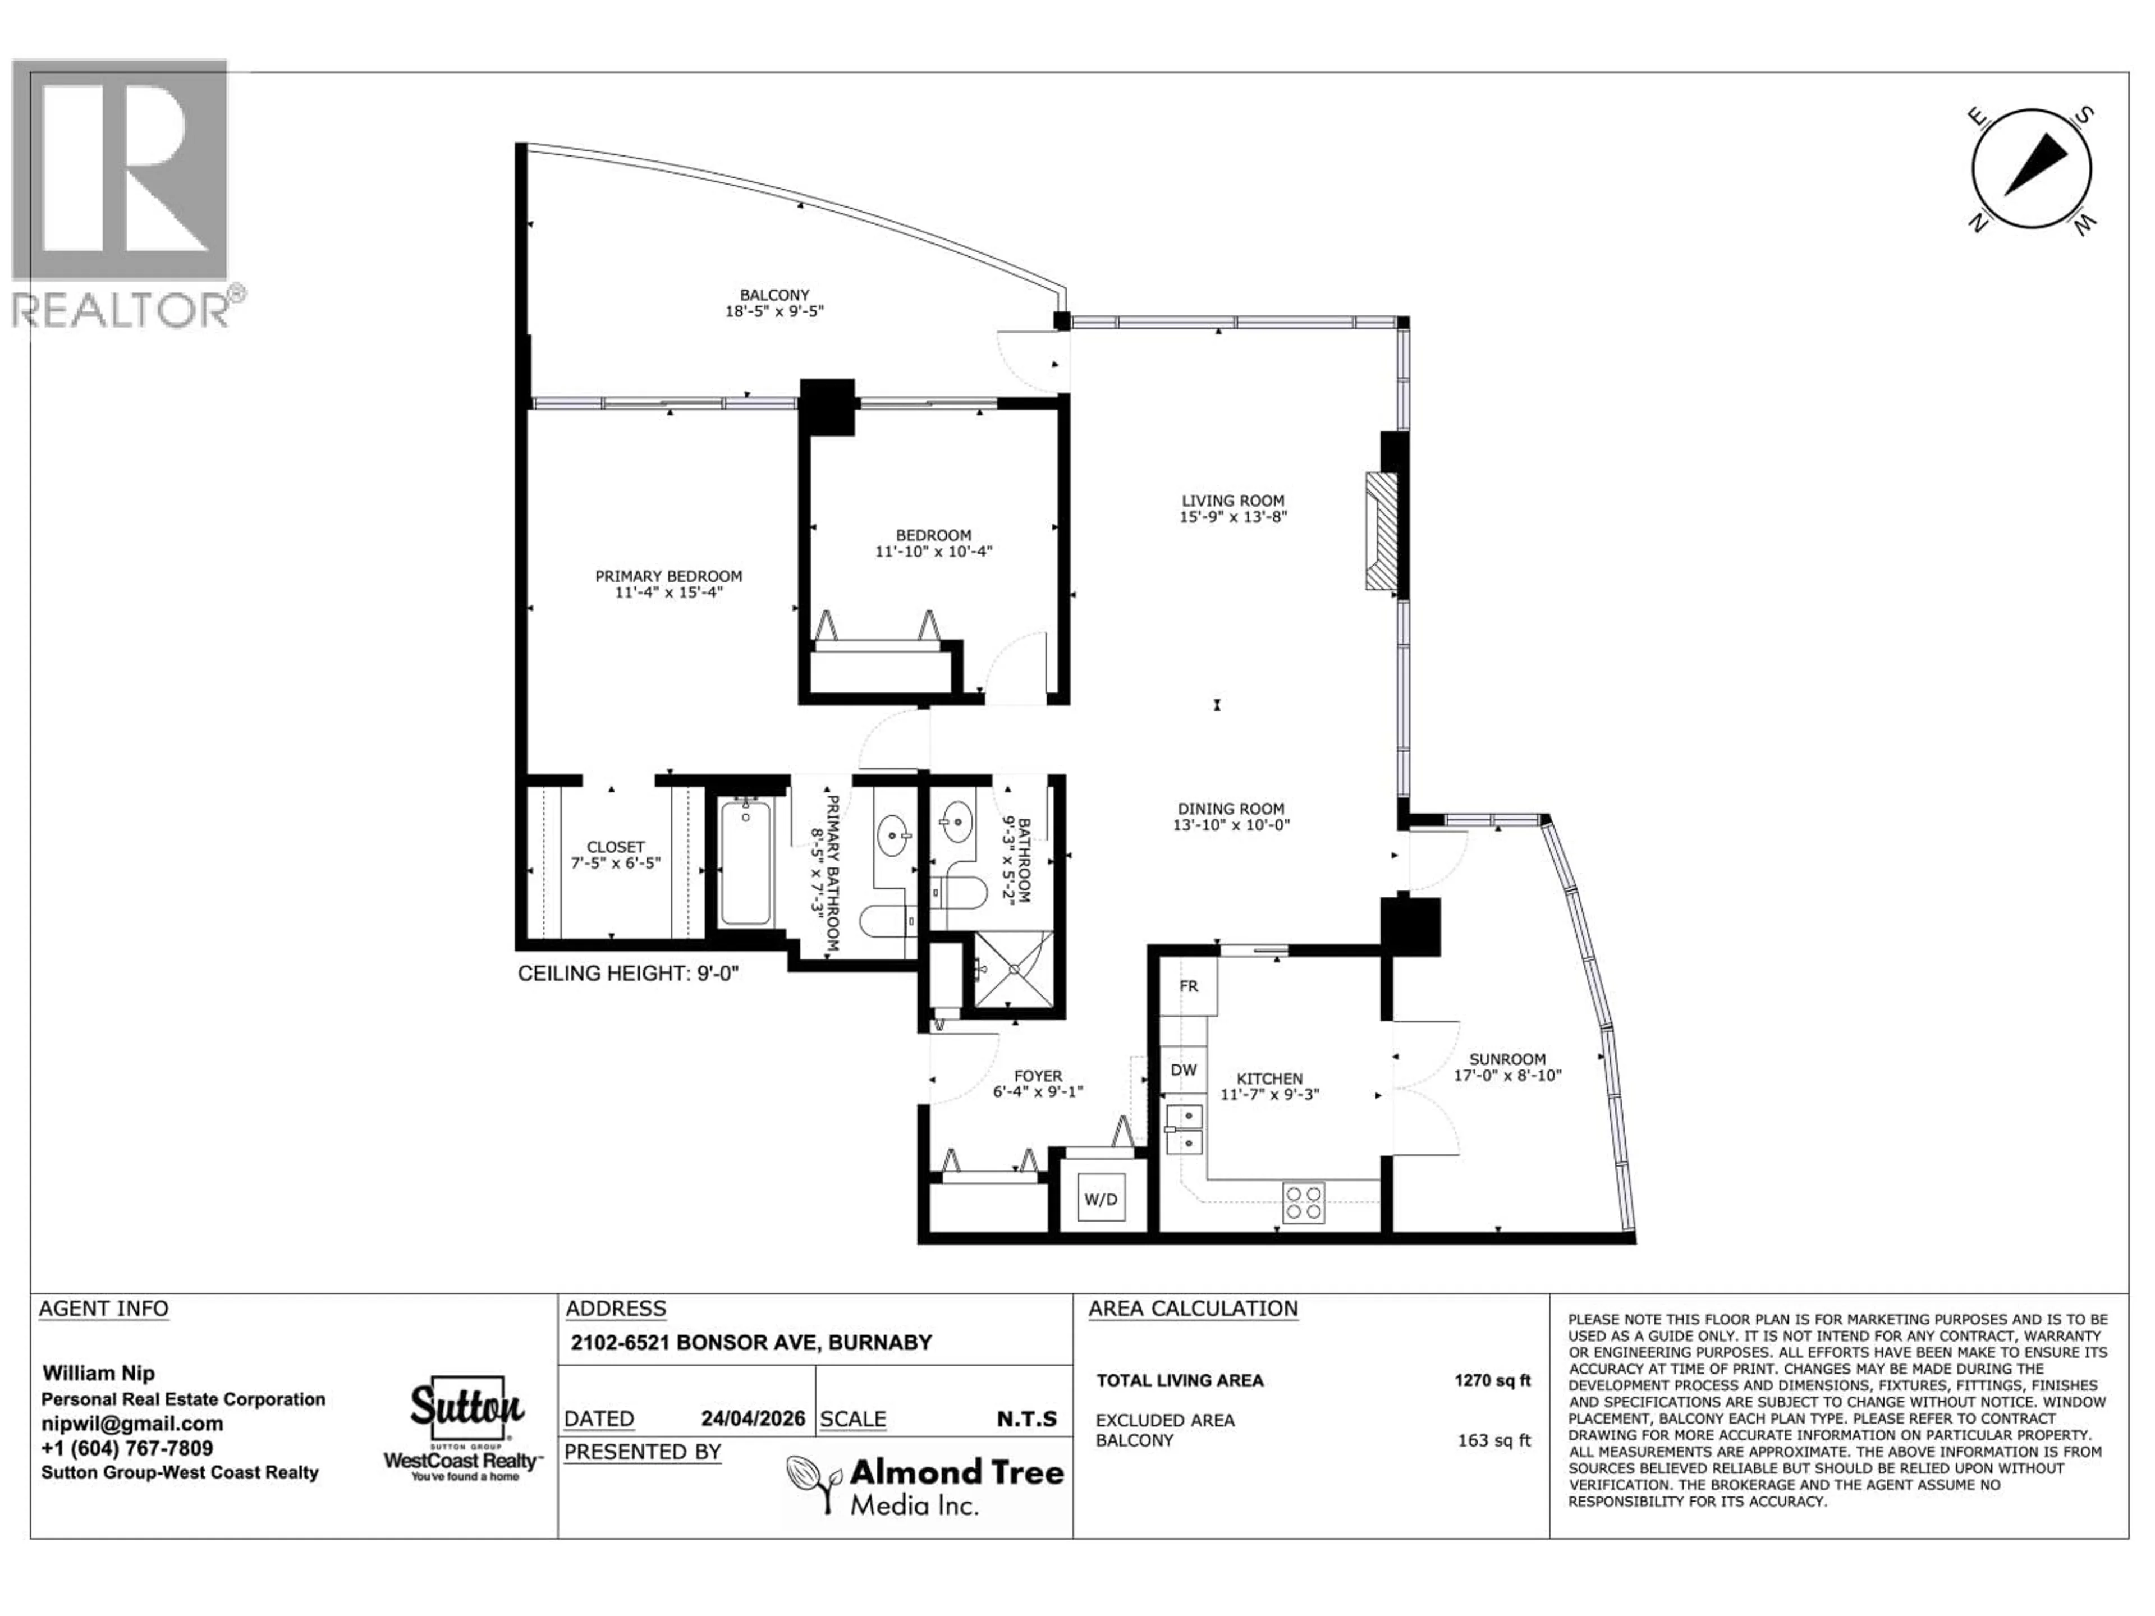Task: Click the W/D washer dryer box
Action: click(x=1101, y=1199)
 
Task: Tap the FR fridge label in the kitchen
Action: click(x=1189, y=986)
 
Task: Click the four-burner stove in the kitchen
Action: click(x=1304, y=1202)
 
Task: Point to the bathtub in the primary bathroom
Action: click(x=745, y=863)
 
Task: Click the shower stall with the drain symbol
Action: click(x=1013, y=969)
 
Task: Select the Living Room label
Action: click(x=1232, y=501)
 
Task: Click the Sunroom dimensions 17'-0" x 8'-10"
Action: click(x=1507, y=1076)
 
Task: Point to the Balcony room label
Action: click(x=774, y=294)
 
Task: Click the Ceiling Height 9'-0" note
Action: click(x=629, y=973)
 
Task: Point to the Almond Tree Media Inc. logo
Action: click(x=925, y=1485)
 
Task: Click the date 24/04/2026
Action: click(x=753, y=1418)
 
